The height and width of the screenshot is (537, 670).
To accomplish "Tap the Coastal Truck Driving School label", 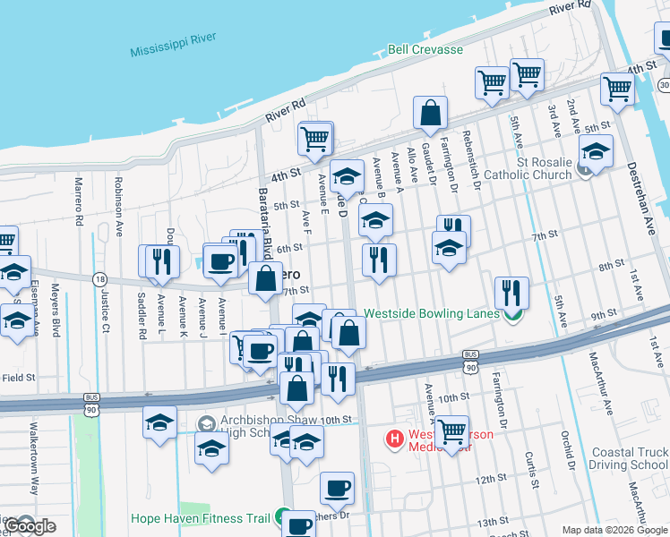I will click(x=631, y=458).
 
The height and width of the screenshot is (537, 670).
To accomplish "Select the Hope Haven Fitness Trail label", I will click(x=201, y=517).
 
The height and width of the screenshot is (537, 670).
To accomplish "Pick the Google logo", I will click(x=30, y=526).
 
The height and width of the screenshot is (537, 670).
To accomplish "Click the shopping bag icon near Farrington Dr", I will click(x=431, y=114).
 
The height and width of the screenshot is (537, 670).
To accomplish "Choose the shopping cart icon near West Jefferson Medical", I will click(x=452, y=431).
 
